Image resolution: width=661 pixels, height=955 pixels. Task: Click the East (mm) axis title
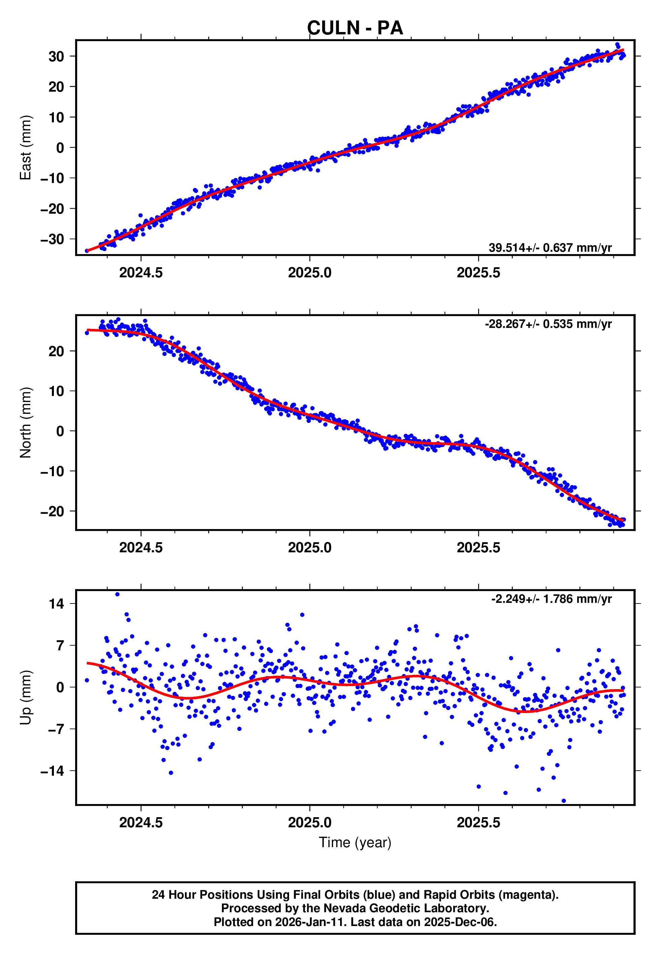point(26,148)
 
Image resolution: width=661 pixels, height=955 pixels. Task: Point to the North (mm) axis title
point(26,423)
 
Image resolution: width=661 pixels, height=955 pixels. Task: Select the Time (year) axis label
point(355,842)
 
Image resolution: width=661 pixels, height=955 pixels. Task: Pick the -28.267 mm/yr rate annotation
point(548,324)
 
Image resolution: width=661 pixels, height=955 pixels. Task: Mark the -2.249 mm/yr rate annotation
point(551,599)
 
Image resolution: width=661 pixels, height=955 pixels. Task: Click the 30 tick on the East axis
point(56,56)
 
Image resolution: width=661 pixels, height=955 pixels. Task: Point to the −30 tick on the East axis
point(52,239)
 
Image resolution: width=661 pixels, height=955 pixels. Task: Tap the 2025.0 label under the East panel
point(310,273)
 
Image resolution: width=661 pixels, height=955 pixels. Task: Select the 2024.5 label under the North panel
point(141,548)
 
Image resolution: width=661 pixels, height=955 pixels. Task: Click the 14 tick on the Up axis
point(56,604)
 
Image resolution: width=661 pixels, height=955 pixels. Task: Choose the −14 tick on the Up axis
point(52,771)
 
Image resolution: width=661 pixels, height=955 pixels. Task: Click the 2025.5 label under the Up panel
point(478,823)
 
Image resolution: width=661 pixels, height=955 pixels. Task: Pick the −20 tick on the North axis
point(52,512)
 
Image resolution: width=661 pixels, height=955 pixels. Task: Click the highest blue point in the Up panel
point(117,594)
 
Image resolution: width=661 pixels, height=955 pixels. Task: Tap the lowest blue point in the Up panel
point(564,801)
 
